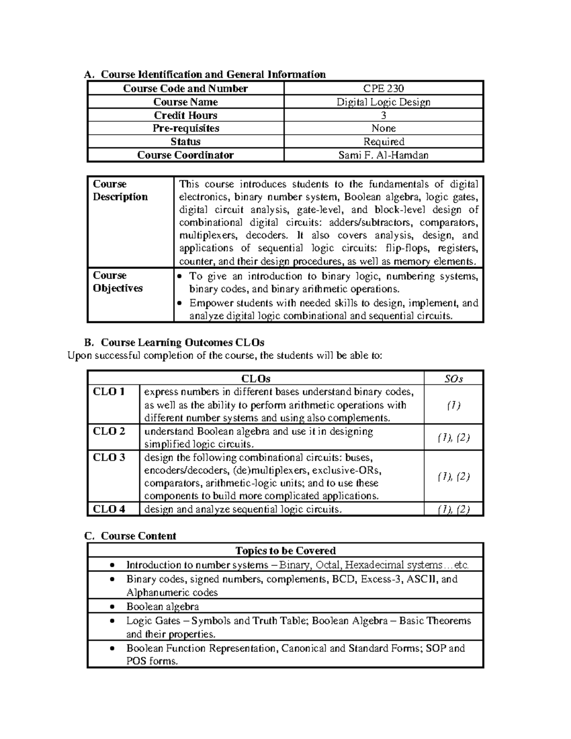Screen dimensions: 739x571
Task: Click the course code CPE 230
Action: pyautogui.click(x=384, y=89)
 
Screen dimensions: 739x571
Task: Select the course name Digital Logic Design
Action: pyautogui.click(x=384, y=102)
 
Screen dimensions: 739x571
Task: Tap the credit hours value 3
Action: pyautogui.click(x=384, y=115)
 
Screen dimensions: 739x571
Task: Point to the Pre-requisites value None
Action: pyautogui.click(x=384, y=128)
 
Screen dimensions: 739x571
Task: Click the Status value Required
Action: pyautogui.click(x=384, y=142)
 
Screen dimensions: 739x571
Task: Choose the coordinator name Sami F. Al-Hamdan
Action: pyautogui.click(x=384, y=155)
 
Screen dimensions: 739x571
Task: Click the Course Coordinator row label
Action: pyautogui.click(x=185, y=155)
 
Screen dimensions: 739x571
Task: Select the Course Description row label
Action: pyautogui.click(x=120, y=190)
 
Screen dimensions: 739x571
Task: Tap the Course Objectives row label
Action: pyautogui.click(x=118, y=282)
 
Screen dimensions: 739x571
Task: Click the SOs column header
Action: pyautogui.click(x=453, y=379)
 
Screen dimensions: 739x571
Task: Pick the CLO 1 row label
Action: pyautogui.click(x=109, y=392)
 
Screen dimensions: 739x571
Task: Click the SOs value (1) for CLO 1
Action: pyautogui.click(x=453, y=405)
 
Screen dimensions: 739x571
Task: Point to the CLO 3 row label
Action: pyautogui.click(x=109, y=457)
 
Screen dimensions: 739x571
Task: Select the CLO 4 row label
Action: pyautogui.click(x=109, y=509)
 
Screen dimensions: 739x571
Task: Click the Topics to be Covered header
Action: pyautogui.click(x=285, y=551)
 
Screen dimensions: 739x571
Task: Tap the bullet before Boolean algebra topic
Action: pyautogui.click(x=112, y=607)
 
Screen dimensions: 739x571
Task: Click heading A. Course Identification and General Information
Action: pyautogui.click(x=205, y=74)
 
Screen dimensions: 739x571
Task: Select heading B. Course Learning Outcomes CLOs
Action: pyautogui.click(x=174, y=343)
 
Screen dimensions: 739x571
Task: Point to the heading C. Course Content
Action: pyautogui.click(x=130, y=536)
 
